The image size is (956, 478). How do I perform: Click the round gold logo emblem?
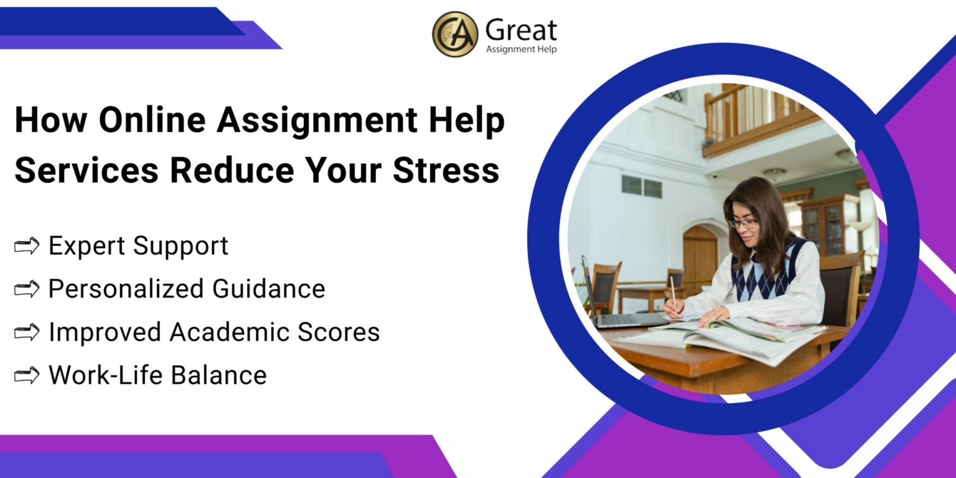tap(455, 34)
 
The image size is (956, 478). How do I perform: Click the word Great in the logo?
tap(521, 30)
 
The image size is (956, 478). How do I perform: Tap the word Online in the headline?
tap(151, 120)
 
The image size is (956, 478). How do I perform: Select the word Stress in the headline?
tap(446, 169)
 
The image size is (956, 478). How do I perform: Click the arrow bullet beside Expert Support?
tap(27, 246)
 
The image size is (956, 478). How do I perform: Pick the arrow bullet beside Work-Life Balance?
tap(27, 375)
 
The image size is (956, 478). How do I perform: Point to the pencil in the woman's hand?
tap(673, 293)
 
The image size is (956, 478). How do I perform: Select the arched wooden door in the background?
tap(700, 258)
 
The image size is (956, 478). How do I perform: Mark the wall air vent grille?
tap(640, 185)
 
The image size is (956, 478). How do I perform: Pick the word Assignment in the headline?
tap(317, 120)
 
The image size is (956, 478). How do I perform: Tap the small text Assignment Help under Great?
tap(521, 49)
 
